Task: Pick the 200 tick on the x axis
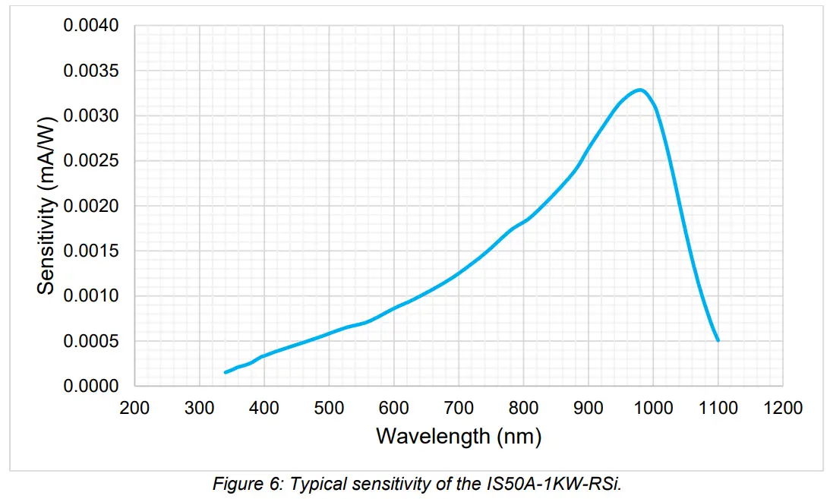pos(134,409)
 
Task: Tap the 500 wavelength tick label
pos(329,409)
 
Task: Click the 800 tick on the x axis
pos(523,409)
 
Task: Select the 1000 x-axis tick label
pos(653,409)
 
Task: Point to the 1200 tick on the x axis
pos(783,409)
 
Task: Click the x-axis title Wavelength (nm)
pos(459,437)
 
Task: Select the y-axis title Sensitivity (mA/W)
pos(47,205)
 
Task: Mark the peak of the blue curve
pos(640,90)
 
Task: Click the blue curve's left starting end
pos(226,372)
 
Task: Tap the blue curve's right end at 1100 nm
pos(718,340)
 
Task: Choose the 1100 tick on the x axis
pos(718,409)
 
